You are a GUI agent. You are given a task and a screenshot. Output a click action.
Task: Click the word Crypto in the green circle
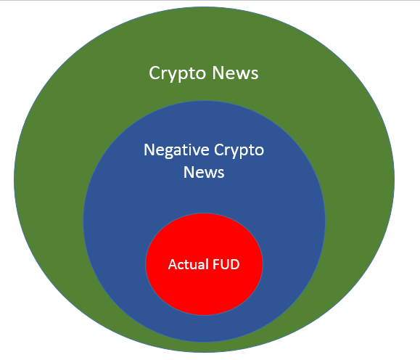coord(177,73)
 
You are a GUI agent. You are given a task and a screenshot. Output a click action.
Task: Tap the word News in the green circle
coord(235,73)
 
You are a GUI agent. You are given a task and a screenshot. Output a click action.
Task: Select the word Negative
coord(176,150)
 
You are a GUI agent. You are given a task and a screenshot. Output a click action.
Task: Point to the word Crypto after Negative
coord(239,150)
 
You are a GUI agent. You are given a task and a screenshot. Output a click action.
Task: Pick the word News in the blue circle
coord(204,172)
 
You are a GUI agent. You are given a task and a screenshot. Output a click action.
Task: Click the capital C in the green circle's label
coord(155,73)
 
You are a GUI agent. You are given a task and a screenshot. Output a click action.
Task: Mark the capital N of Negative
coord(149,150)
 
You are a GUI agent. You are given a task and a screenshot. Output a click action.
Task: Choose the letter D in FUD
coord(234,264)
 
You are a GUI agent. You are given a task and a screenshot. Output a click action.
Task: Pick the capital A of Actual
coord(173,264)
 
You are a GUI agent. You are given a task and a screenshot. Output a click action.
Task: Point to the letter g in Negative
coord(169,152)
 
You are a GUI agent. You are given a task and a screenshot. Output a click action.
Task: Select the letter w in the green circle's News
coord(243,75)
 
